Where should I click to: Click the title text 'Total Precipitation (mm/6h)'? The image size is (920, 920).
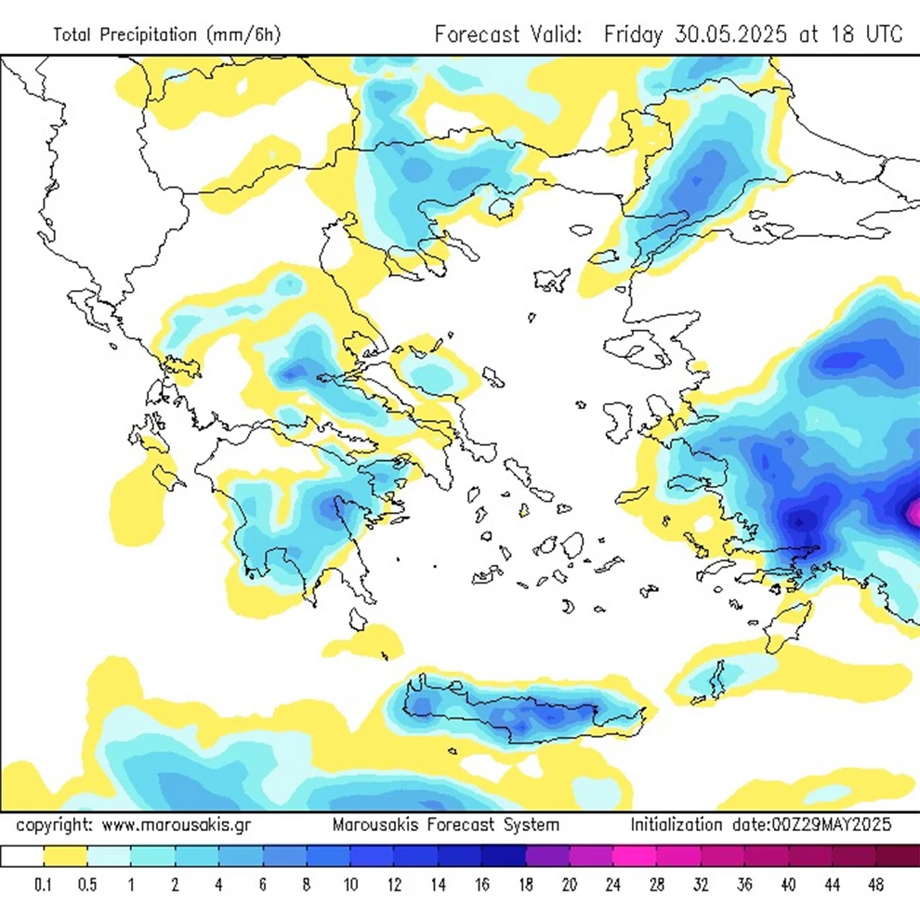(x=166, y=35)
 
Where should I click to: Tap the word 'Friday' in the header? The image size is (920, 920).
(x=632, y=34)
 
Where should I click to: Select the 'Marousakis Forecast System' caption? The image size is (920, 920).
(x=446, y=824)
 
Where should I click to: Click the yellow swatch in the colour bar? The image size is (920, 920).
(x=65, y=857)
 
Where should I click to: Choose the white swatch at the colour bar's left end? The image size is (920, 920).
(x=22, y=857)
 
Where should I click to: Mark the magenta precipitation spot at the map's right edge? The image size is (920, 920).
(x=913, y=511)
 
